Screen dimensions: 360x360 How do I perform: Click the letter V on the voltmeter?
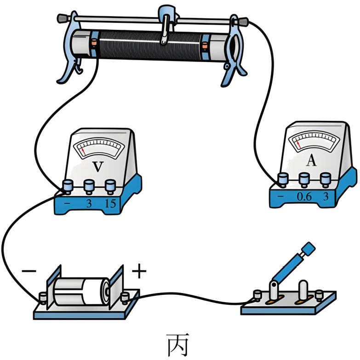tap(97, 167)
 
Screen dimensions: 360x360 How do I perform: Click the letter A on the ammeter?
tap(311, 160)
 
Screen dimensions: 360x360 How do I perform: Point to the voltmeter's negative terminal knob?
tap(68, 186)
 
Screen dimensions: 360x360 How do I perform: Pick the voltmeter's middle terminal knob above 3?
tap(89, 186)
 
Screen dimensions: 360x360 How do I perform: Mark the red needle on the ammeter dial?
tap(298, 145)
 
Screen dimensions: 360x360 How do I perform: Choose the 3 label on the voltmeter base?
tap(89, 203)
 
